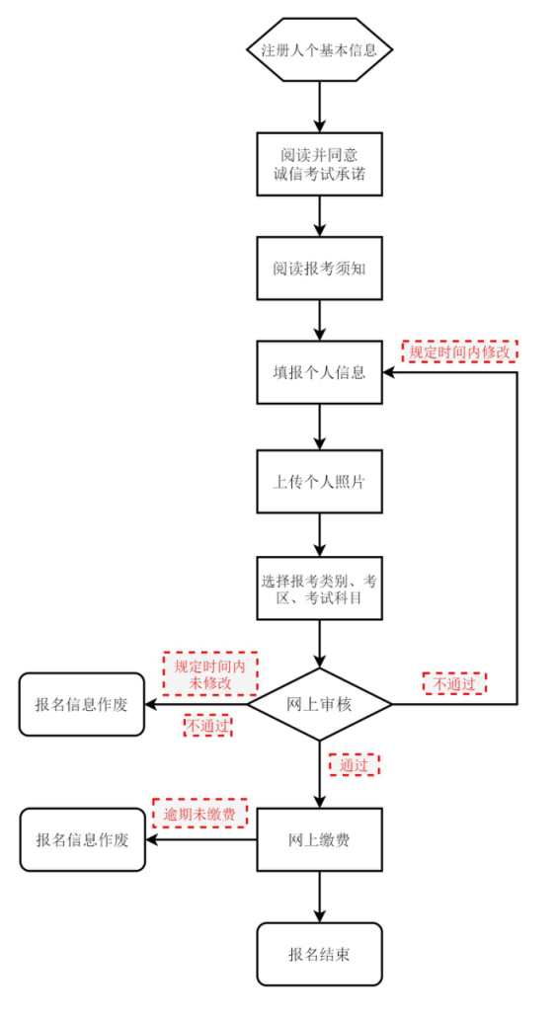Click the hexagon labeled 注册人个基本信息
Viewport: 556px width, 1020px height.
[x=319, y=50]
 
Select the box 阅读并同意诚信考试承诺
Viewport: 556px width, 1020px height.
[x=319, y=165]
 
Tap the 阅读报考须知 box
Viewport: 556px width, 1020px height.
[x=319, y=268]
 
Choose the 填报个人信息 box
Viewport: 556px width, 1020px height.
[x=319, y=372]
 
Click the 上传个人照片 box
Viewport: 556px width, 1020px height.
[x=319, y=482]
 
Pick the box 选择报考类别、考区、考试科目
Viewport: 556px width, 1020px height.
[x=319, y=589]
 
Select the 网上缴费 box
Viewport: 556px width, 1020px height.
[x=319, y=840]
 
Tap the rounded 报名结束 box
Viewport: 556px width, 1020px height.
[x=319, y=954]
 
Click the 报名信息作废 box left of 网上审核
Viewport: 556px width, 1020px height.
[x=82, y=704]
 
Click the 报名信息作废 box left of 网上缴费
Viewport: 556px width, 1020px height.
[x=83, y=839]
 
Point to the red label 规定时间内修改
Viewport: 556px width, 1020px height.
[x=460, y=351]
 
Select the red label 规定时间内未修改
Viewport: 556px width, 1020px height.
[x=209, y=673]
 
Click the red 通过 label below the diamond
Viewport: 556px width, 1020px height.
[x=354, y=764]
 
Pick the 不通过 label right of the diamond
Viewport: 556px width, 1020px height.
[x=454, y=682]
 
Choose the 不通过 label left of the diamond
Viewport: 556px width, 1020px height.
[x=208, y=726]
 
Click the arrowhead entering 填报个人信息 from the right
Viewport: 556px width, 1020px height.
[x=389, y=372]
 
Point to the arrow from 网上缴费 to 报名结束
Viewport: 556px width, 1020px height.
[x=319, y=897]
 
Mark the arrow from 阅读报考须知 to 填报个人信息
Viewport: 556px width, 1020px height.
[x=319, y=320]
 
